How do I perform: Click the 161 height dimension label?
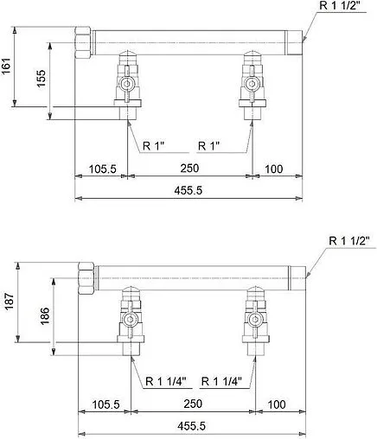[x=8, y=67]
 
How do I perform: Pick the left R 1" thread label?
[x=153, y=145]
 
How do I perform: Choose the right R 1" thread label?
[x=214, y=145]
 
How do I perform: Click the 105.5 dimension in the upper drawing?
[x=101, y=169]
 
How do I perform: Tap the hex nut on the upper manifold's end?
[x=85, y=40]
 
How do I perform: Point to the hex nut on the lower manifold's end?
[x=88, y=276]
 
